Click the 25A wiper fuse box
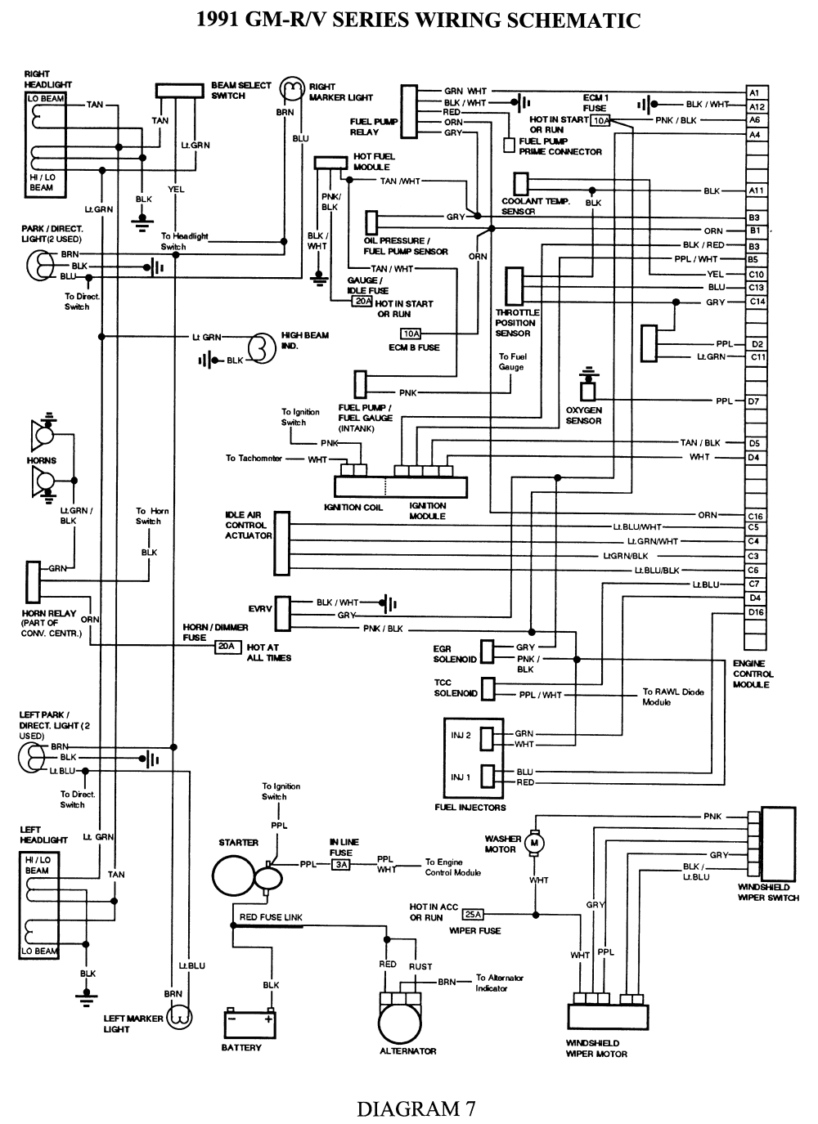click(472, 915)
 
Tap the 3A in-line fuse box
click(341, 864)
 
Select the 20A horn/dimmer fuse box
click(226, 647)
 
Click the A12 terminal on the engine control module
click(757, 106)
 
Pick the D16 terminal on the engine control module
click(755, 612)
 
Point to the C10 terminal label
click(756, 275)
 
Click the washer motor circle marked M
click(534, 841)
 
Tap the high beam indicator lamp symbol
click(260, 347)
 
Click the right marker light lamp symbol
click(290, 88)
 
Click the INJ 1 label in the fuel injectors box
click(461, 777)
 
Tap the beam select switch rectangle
click(179, 90)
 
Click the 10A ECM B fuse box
click(410, 334)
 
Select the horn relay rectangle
click(34, 581)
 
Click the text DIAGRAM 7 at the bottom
click(416, 1108)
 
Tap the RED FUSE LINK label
click(271, 917)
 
